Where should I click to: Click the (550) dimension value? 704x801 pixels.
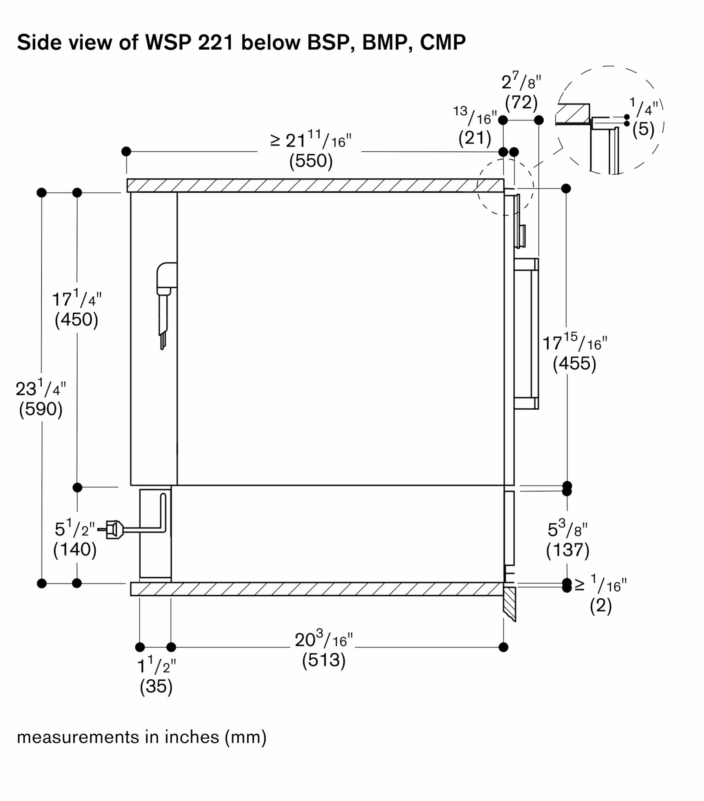click(311, 161)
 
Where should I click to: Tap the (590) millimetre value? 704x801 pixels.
click(41, 409)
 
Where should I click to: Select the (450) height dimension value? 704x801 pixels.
click(76, 319)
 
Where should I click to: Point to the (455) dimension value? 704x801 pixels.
click(574, 363)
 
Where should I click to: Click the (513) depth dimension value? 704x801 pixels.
click(324, 660)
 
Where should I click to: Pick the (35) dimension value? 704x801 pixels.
click(156, 686)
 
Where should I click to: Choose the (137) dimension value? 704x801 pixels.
click(567, 550)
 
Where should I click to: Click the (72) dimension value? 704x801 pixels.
click(521, 102)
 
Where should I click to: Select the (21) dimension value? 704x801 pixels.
click(475, 138)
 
